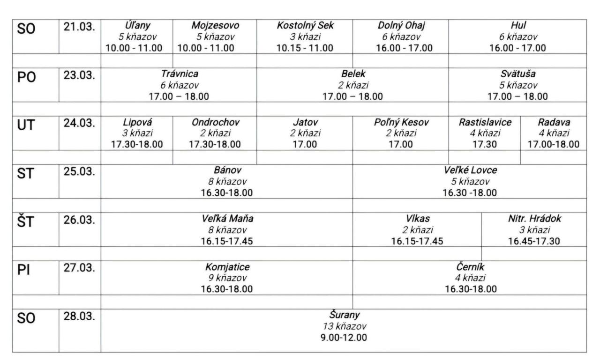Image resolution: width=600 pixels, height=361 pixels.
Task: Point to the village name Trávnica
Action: click(179, 74)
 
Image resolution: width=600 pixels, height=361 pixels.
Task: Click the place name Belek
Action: click(352, 74)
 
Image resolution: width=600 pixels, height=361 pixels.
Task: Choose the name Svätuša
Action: click(517, 74)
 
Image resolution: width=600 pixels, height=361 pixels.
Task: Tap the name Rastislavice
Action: click(484, 123)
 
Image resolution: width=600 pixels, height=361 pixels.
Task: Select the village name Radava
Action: click(553, 123)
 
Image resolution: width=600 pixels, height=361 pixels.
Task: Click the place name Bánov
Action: click(226, 171)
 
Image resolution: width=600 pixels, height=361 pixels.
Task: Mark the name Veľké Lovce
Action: click(470, 171)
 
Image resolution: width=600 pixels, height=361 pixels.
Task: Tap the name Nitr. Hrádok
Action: click(533, 219)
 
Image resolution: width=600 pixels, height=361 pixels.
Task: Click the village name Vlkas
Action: click(417, 219)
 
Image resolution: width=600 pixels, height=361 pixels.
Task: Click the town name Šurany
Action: click(344, 315)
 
